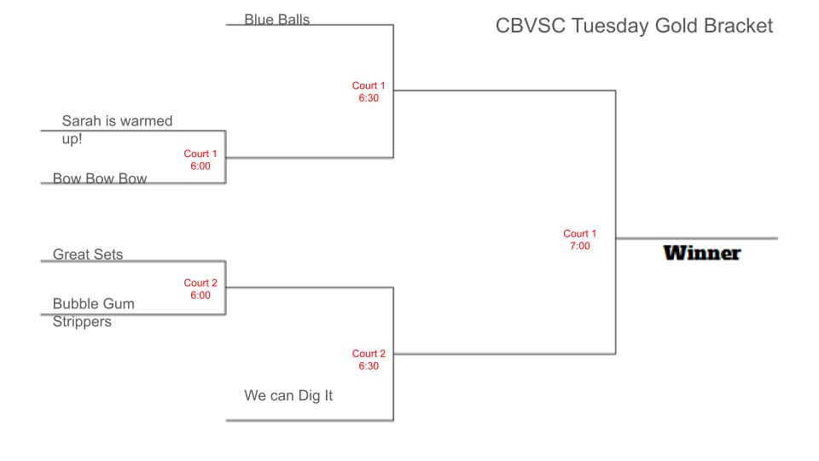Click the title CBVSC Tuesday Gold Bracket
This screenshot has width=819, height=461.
tap(634, 26)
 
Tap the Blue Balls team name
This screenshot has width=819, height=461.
tap(276, 20)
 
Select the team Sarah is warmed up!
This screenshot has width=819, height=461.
tap(117, 129)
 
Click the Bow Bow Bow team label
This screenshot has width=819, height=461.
tap(100, 178)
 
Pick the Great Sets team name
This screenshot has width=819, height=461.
tap(88, 254)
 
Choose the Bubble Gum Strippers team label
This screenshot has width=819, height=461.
tap(94, 312)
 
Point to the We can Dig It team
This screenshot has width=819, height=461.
tap(288, 395)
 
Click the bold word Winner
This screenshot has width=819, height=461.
tap(702, 253)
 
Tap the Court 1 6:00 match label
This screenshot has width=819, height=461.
tap(200, 160)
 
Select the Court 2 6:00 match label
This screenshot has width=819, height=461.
tap(200, 289)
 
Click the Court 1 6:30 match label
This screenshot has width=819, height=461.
tap(369, 91)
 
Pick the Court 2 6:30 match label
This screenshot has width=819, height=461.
tap(369, 359)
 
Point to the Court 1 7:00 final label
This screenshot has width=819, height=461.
tap(580, 239)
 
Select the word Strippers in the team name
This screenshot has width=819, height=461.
tap(82, 322)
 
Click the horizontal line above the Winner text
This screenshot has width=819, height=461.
tap(697, 238)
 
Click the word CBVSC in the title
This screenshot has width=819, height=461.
tap(531, 26)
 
